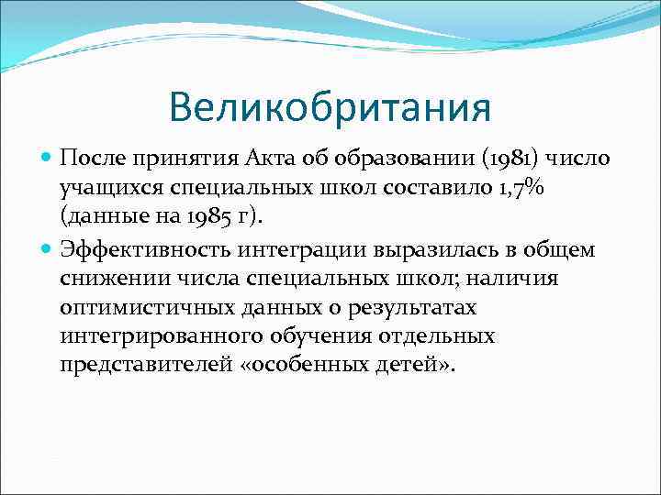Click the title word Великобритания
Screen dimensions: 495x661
pos(330,107)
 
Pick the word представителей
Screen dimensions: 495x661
pos(142,366)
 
